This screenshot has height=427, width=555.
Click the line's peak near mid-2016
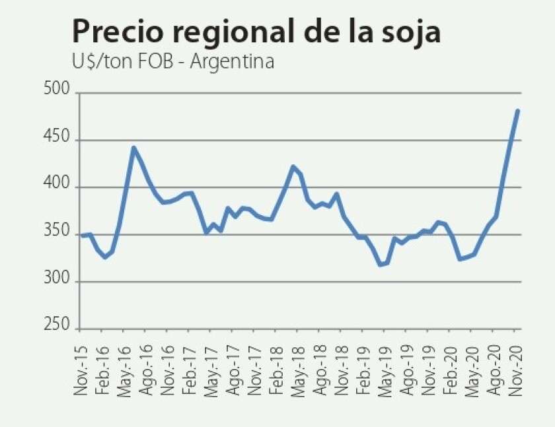[x=133, y=148]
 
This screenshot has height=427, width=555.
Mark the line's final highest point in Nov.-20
[x=517, y=110]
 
